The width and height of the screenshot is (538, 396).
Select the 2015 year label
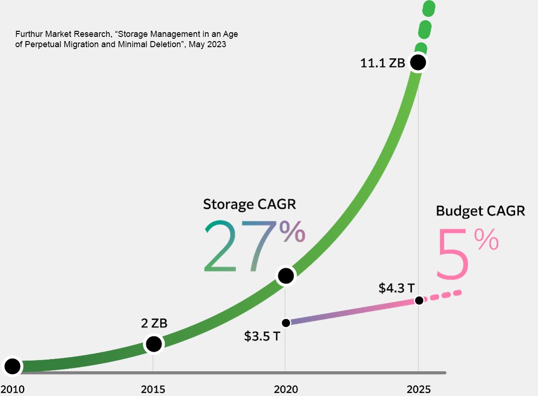tap(153, 389)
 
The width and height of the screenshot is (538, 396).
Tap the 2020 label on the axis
tap(286, 389)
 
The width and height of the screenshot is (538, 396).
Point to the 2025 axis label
tap(419, 389)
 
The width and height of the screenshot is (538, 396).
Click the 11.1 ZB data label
tap(382, 63)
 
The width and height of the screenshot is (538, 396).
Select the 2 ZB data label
tap(154, 323)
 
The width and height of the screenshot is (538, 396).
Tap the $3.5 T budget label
tap(262, 336)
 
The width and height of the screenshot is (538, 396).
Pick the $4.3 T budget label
tap(396, 288)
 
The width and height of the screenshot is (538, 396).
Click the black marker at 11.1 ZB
tap(418, 62)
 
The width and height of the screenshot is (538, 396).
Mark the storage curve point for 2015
tap(154, 344)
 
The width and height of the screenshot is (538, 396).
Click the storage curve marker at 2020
tap(286, 276)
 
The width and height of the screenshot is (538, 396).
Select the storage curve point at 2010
tap(13, 366)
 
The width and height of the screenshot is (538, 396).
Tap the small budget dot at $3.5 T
tap(286, 323)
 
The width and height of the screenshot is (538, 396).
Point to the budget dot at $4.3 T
tap(419, 300)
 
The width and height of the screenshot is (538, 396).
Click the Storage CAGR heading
tap(250, 204)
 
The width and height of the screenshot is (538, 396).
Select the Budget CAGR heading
tap(480, 211)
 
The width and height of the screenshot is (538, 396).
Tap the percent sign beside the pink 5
tap(486, 240)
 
